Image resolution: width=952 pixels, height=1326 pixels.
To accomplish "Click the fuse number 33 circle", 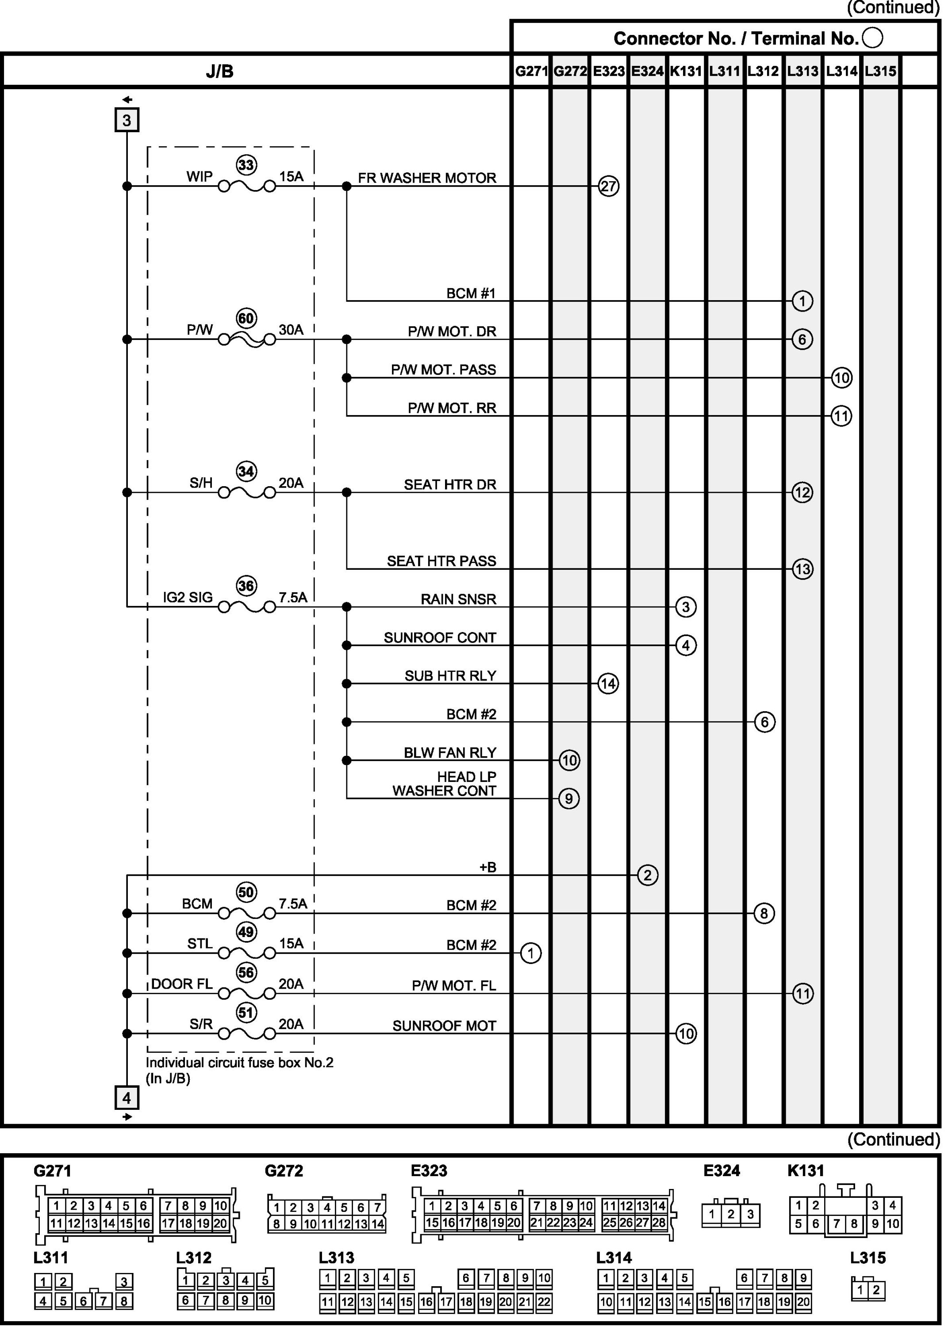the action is point(246,165).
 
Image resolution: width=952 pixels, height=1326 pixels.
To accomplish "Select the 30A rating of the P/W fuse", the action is point(291,330).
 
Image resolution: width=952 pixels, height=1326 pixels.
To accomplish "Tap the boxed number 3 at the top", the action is point(127,120).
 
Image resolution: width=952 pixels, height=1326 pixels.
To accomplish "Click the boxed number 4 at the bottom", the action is point(127,1097).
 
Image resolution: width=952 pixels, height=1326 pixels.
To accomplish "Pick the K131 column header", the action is point(686,71).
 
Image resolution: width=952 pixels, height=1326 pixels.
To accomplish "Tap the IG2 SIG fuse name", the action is point(187,598).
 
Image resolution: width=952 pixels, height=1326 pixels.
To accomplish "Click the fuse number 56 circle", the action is point(246,972).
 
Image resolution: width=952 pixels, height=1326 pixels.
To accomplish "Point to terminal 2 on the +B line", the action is point(647,875).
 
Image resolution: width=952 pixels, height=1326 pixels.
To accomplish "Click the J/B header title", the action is point(219,71).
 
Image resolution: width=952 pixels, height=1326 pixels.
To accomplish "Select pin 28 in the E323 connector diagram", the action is point(659,1223).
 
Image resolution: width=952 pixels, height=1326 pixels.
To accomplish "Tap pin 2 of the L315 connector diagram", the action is point(876,1290).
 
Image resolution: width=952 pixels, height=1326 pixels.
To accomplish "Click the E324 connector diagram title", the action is point(722,1170).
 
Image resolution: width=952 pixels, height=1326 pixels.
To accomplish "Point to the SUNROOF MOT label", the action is point(444,1025).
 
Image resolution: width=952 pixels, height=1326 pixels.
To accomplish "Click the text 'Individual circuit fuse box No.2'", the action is point(239,1062).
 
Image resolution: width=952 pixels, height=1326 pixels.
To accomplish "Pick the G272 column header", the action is point(570,71).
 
